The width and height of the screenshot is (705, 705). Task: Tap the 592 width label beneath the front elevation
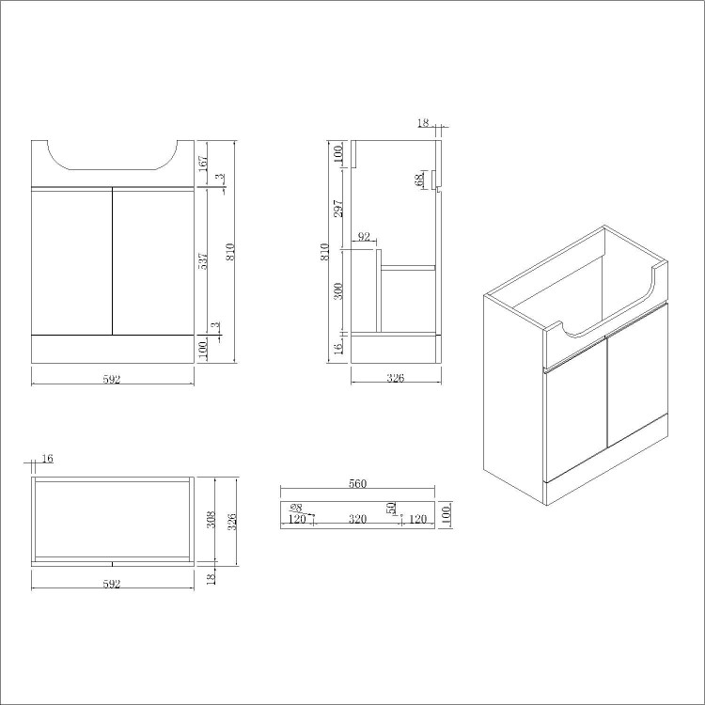click(112, 379)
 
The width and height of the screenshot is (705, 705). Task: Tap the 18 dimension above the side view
click(423, 122)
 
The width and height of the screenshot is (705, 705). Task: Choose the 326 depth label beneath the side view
click(396, 379)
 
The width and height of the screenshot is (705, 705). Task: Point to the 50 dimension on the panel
click(391, 509)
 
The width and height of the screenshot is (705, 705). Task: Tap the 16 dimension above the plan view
click(48, 458)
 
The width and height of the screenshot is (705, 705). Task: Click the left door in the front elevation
click(71, 260)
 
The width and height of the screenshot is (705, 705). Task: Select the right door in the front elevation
click(152, 260)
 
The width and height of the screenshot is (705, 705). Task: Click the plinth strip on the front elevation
click(112, 349)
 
